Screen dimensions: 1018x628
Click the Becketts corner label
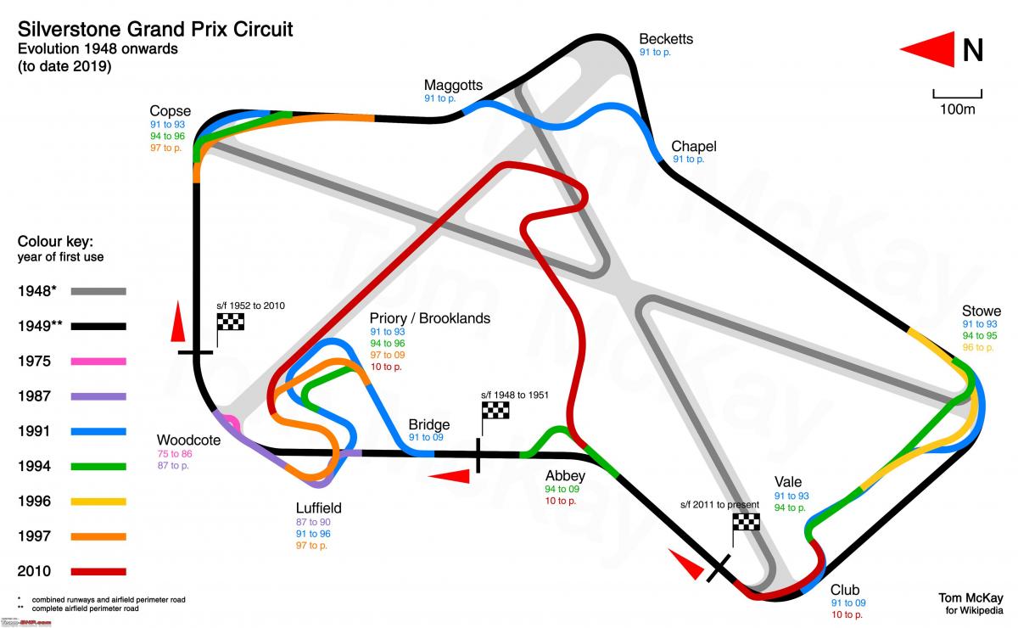click(x=666, y=39)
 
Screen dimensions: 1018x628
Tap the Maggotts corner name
click(x=453, y=86)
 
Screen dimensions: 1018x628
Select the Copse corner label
click(x=170, y=111)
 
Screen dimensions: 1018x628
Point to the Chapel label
click(x=694, y=146)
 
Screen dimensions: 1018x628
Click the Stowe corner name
click(x=982, y=311)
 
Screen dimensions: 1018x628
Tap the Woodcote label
click(x=188, y=440)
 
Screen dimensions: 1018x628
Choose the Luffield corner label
click(x=319, y=508)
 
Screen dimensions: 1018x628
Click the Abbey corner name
click(x=565, y=476)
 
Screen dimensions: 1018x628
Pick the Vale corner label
click(x=787, y=482)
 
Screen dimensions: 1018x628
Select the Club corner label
click(x=845, y=590)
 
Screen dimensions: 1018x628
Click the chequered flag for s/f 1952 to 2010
click(x=231, y=322)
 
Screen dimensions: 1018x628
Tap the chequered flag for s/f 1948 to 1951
click(x=495, y=411)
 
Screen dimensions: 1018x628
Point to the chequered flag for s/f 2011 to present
click(x=746, y=522)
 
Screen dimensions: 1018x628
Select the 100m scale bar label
click(x=957, y=109)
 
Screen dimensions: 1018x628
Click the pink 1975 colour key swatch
click(x=98, y=362)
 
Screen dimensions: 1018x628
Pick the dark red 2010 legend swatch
click(x=98, y=572)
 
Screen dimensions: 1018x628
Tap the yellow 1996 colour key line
click(x=98, y=502)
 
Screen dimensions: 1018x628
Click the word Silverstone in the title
click(x=70, y=30)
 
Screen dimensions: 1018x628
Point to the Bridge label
click(x=429, y=424)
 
